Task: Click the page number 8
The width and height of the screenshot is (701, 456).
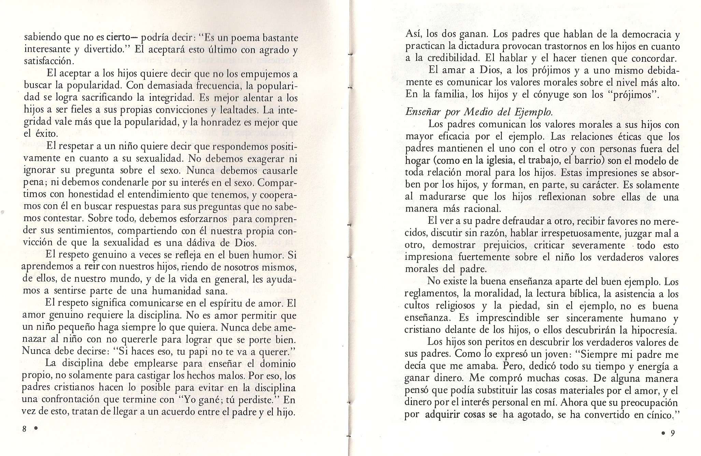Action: [24, 429]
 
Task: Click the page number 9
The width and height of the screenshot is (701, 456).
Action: [673, 433]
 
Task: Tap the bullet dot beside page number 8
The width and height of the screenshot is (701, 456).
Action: [35, 429]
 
